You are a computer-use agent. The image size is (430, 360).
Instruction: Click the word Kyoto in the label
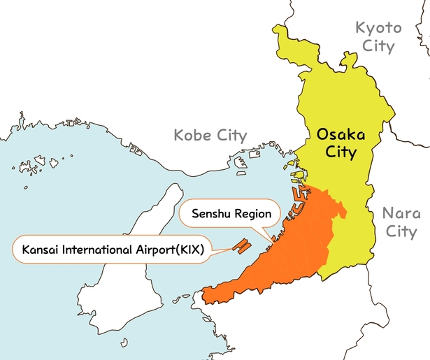click(x=378, y=29)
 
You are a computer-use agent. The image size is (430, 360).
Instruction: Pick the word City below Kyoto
click(x=378, y=48)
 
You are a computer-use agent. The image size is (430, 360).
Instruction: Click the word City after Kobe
click(x=231, y=135)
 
